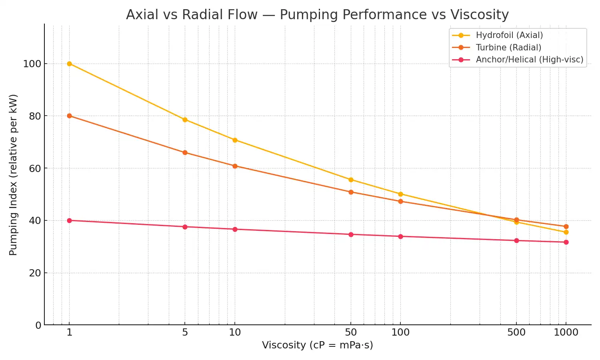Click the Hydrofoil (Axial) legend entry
pos(509,35)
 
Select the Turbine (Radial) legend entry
pos(508,48)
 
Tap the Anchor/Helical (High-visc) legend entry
pos(529,60)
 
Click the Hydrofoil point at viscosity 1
pos(69,64)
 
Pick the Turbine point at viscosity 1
pos(69,116)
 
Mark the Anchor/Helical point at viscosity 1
pos(69,220)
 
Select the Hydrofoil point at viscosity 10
pos(235,140)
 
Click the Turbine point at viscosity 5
pos(185,152)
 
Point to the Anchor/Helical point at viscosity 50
pos(351,234)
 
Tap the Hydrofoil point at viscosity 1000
pos(566,232)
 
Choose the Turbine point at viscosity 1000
pos(566,226)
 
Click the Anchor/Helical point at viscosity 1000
pos(566,242)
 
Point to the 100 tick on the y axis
pos(32,64)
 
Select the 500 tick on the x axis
pos(516,332)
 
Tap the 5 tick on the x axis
pos(185,332)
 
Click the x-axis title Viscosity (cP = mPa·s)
pos(318,345)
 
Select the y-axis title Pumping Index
pos(13,174)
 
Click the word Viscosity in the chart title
pos(480,15)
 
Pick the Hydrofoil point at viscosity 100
pos(400,194)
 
